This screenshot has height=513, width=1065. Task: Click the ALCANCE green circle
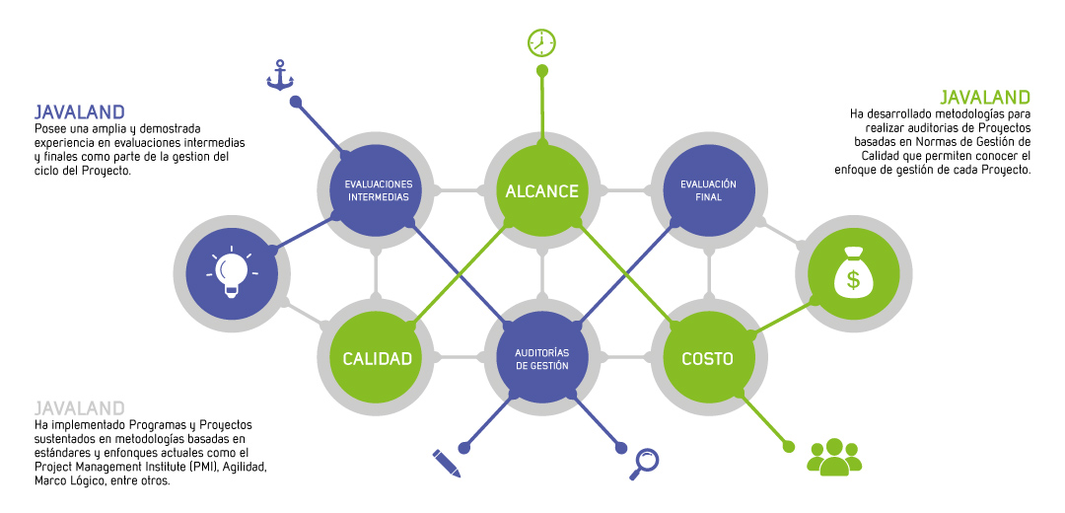click(x=541, y=190)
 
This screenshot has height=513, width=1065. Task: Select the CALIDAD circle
click(x=377, y=357)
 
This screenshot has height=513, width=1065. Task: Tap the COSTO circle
click(x=707, y=357)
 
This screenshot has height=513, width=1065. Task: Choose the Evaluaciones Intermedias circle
click(x=378, y=189)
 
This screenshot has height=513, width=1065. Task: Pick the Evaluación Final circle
click(x=707, y=189)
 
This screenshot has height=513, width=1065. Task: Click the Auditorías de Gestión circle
click(x=541, y=357)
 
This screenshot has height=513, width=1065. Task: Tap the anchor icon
click(x=281, y=75)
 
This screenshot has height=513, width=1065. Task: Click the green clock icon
click(x=541, y=42)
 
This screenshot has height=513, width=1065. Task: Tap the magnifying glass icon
click(x=645, y=463)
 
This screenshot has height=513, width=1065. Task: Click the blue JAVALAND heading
click(x=79, y=111)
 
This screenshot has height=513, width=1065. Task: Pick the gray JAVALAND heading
click(x=79, y=407)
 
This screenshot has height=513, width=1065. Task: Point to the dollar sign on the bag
click(x=853, y=279)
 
